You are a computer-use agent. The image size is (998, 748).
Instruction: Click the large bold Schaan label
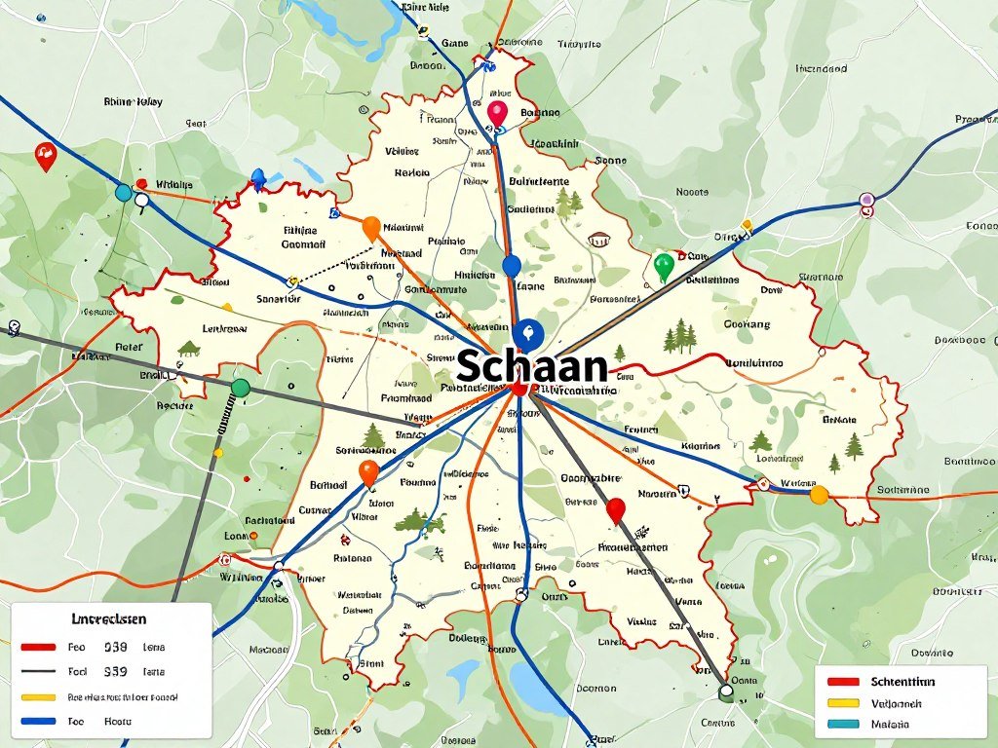[531, 366]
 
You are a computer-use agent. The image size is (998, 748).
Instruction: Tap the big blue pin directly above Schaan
[527, 333]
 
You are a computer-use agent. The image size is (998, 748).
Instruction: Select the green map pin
[664, 265]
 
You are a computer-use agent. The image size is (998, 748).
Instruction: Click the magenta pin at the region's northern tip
[498, 112]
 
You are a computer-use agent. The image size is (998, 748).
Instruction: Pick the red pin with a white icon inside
[45, 154]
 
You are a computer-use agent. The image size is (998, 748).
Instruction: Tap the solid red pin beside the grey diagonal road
[615, 508]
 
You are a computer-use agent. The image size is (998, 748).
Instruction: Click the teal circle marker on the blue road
[124, 193]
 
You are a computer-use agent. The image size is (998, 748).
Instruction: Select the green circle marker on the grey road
[241, 389]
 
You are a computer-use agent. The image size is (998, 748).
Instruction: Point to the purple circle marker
[866, 201]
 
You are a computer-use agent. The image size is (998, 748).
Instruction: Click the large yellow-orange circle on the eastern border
[819, 495]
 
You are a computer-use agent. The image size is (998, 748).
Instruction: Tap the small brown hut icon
[598, 239]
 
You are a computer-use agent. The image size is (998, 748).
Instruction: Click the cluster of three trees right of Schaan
[679, 338]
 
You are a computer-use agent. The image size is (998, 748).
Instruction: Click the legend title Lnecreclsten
[108, 618]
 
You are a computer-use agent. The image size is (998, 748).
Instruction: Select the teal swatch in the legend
[843, 724]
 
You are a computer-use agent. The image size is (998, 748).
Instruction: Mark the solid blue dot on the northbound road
[512, 266]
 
